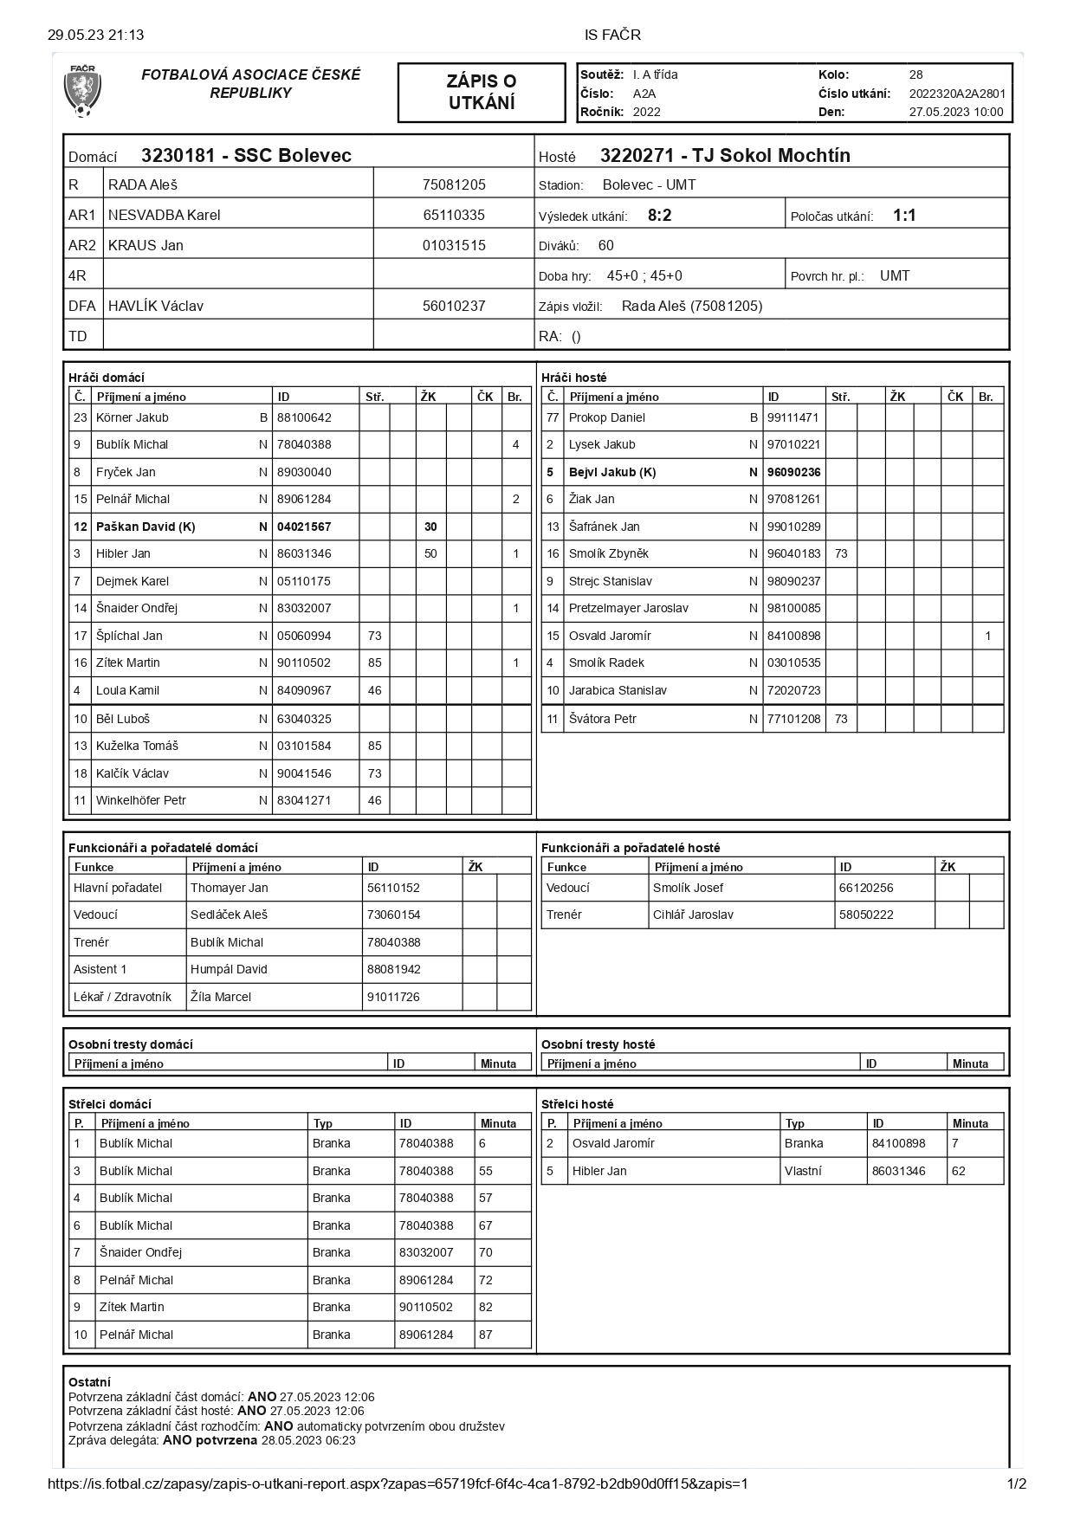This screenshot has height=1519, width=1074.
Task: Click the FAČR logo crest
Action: tap(83, 91)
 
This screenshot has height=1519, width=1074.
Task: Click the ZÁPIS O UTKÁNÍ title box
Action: tap(481, 92)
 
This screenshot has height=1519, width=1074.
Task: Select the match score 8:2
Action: tap(659, 216)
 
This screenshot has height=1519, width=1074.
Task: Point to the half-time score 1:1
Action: tap(904, 216)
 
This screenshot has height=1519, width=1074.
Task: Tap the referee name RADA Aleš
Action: tap(143, 184)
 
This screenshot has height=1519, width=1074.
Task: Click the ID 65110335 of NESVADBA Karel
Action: tap(454, 215)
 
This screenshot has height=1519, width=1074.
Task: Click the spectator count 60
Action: tap(606, 246)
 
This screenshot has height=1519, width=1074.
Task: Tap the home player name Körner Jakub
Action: tap(133, 417)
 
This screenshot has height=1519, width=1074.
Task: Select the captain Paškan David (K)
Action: tap(146, 527)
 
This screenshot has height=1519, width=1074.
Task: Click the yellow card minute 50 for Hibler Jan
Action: tap(430, 553)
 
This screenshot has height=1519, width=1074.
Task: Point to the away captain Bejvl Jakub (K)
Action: tap(612, 472)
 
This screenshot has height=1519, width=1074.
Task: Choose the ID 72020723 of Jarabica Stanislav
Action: tap(793, 690)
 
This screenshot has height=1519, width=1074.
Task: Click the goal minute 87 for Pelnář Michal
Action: tap(486, 1335)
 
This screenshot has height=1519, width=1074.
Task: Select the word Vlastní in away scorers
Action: tap(803, 1171)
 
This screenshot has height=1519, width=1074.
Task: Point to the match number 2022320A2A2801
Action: tap(957, 94)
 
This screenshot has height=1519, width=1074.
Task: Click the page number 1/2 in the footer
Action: tap(1017, 1483)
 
